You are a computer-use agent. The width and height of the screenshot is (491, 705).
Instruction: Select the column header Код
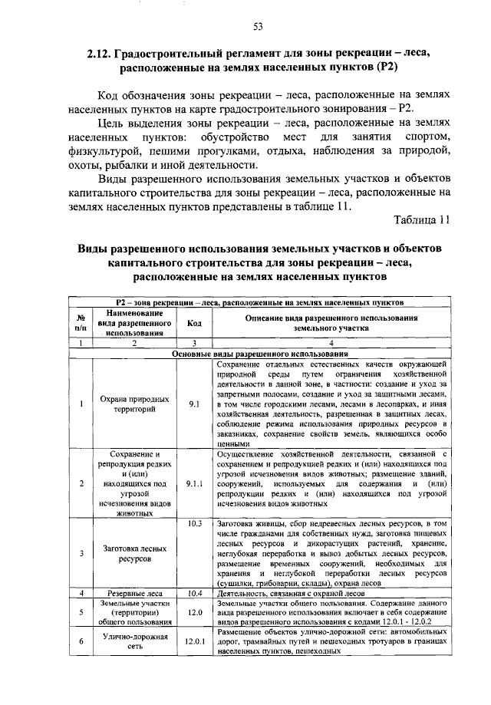(194, 323)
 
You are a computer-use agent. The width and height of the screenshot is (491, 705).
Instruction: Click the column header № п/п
(81, 323)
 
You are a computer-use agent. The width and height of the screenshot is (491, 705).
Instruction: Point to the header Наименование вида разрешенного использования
(134, 323)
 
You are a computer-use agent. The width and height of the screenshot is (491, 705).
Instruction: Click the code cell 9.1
(194, 404)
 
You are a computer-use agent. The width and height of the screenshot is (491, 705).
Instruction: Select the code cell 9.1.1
(194, 484)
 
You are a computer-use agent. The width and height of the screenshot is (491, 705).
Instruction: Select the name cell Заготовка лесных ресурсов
(134, 555)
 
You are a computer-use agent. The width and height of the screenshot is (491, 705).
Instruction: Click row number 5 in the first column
(81, 612)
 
